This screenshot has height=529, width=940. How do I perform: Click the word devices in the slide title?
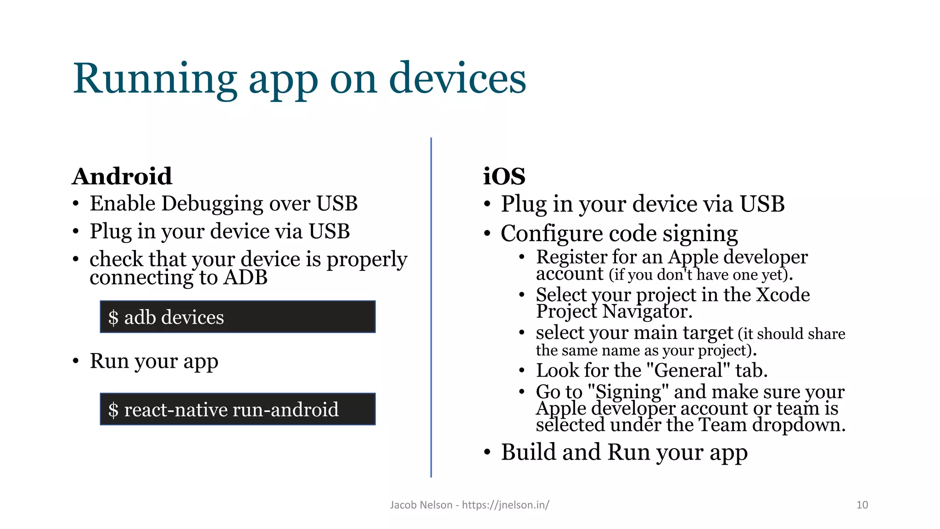pos(457,79)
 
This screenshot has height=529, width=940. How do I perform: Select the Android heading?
pos(122,177)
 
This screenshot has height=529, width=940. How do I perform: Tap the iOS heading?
pos(504,177)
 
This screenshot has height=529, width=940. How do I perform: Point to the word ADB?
pos(246,277)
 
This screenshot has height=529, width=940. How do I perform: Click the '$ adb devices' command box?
pos(238,317)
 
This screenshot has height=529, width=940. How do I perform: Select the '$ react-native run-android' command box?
pos(238,409)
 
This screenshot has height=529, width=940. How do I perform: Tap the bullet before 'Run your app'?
pos(76,361)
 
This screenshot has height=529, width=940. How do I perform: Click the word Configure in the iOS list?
pos(551,234)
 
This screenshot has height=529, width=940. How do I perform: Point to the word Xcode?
pos(783,295)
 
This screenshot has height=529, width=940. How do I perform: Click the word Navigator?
pos(647,312)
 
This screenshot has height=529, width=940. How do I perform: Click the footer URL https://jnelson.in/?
pos(505,505)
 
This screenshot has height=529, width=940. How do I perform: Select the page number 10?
pos(862,505)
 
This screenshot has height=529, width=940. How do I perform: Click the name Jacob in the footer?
pos(403,505)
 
